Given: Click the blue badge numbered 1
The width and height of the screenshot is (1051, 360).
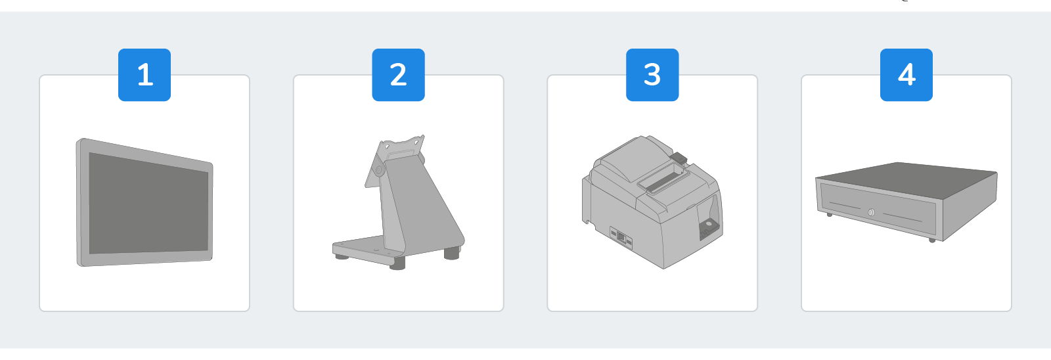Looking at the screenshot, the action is [x=145, y=75].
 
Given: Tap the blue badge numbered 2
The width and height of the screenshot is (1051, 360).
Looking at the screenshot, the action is [x=398, y=75].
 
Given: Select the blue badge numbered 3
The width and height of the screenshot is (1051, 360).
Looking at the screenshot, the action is [x=652, y=75].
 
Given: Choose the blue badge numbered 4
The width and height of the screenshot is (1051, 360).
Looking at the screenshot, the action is [x=906, y=75].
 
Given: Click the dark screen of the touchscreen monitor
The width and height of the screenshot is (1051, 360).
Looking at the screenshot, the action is [x=148, y=204].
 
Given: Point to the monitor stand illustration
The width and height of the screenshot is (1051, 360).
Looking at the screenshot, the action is [x=398, y=202].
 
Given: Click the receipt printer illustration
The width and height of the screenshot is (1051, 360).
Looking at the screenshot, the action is [x=652, y=202].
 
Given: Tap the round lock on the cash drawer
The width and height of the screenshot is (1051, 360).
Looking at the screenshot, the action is [x=871, y=212].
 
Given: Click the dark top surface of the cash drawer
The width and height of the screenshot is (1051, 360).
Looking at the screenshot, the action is [x=906, y=179].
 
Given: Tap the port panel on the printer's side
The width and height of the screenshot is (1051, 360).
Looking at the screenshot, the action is [x=621, y=238].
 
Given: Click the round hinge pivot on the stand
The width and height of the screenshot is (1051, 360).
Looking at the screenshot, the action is [x=378, y=169].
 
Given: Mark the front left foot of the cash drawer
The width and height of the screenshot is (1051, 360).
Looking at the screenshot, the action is [x=830, y=215].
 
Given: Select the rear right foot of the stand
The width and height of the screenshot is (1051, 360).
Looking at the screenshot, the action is [x=451, y=254].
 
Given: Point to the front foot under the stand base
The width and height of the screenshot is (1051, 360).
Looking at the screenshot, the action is [x=397, y=263].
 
